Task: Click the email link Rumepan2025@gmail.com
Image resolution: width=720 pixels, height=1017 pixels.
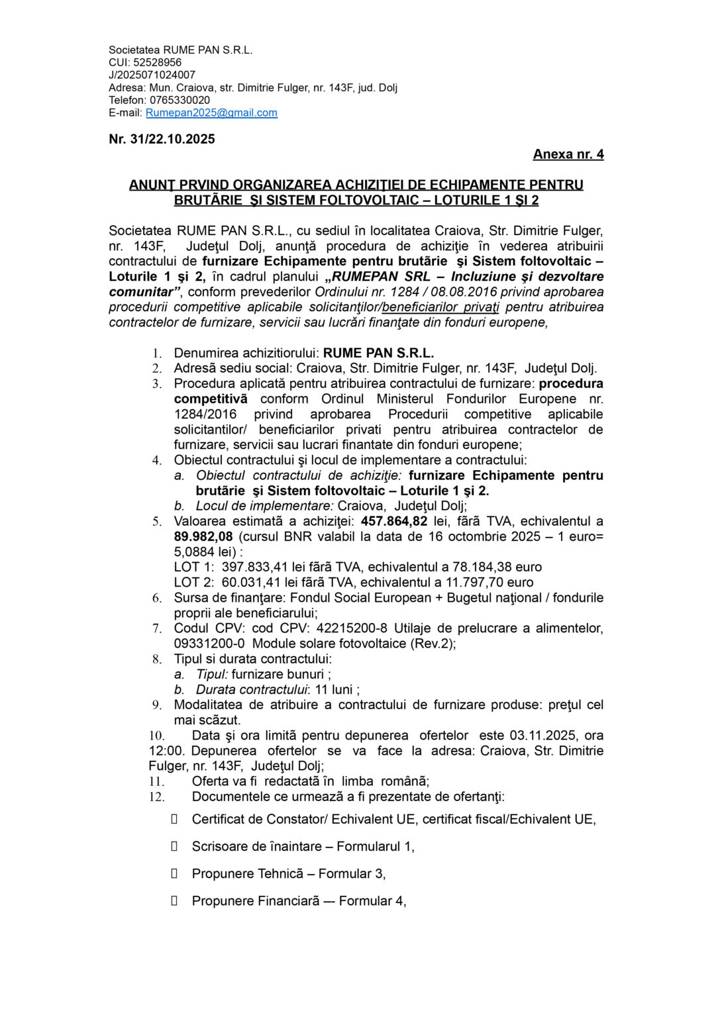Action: tap(211, 113)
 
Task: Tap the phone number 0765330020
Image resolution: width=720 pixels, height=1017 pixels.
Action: tap(180, 101)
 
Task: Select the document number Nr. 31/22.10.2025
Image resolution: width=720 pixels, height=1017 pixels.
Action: tap(162, 139)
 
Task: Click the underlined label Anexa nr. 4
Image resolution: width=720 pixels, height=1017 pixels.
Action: tap(568, 154)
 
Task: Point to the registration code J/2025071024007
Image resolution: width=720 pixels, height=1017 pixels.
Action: tap(152, 75)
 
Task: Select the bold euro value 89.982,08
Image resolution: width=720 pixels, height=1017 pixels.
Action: tap(203, 537)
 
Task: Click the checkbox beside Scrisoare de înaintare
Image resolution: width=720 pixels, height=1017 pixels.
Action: tap(175, 846)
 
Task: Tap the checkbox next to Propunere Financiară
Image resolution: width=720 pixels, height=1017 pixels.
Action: tap(175, 901)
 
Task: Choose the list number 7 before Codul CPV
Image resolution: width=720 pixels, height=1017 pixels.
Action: tap(156, 628)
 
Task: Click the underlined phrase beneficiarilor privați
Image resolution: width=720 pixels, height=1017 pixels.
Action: tap(440, 307)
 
